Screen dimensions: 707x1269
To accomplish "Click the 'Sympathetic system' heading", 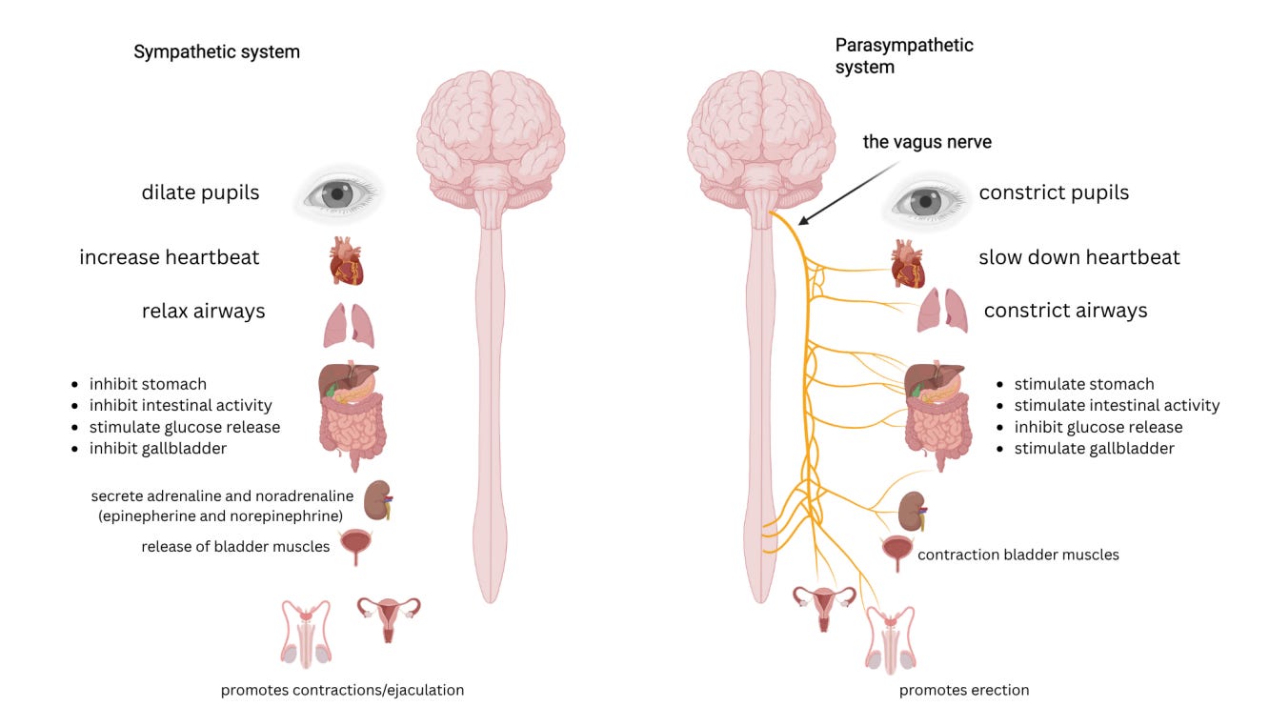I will click(216, 52).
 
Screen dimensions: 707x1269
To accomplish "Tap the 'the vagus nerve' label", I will click(926, 142).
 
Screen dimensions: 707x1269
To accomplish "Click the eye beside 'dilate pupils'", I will click(338, 193).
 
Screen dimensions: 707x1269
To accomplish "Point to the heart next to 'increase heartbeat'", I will click(346, 261).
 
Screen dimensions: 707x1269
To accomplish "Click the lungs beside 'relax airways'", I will click(348, 325).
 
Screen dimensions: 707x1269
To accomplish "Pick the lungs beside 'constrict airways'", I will click(942, 311).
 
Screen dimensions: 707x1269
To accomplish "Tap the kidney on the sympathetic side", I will click(377, 500).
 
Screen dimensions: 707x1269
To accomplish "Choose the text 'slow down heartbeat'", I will click(1078, 257).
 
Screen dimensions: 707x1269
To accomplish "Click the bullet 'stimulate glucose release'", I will click(184, 427).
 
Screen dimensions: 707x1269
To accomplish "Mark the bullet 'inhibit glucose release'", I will click(1098, 427).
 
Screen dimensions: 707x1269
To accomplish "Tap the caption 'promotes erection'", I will click(964, 690).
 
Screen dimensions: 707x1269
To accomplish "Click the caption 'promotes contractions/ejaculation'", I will click(342, 690).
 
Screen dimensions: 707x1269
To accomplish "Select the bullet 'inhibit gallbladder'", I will click(157, 448).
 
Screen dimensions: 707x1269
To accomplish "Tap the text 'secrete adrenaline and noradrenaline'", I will click(222, 495).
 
